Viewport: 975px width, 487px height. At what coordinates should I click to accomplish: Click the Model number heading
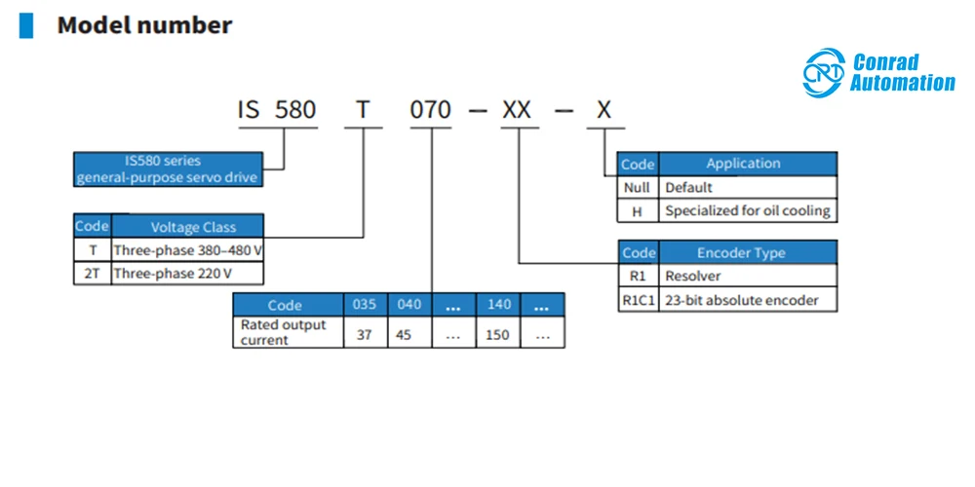pyautogui.click(x=144, y=25)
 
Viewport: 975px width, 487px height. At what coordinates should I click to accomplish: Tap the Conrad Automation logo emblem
pyautogui.click(x=824, y=73)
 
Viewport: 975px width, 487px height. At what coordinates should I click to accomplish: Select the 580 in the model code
pyautogui.click(x=295, y=110)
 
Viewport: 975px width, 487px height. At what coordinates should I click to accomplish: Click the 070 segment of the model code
pyautogui.click(x=430, y=110)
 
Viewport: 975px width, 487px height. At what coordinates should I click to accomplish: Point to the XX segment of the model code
pyautogui.click(x=517, y=110)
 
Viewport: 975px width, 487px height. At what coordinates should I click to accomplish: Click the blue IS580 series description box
pyautogui.click(x=168, y=169)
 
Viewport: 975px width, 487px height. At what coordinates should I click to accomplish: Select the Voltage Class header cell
pyautogui.click(x=187, y=227)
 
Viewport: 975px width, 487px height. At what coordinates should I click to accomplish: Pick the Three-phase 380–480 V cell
pyautogui.click(x=187, y=251)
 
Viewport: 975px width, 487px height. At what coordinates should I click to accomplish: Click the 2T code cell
pyautogui.click(x=92, y=274)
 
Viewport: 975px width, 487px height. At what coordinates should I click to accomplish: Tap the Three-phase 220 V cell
pyautogui.click(x=187, y=274)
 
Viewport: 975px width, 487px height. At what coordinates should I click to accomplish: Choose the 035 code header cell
pyautogui.click(x=366, y=305)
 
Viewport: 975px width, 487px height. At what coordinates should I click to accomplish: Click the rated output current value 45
pyautogui.click(x=404, y=334)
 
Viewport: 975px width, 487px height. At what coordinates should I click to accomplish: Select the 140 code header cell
pyautogui.click(x=499, y=305)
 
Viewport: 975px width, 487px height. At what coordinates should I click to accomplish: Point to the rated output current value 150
pyautogui.click(x=497, y=334)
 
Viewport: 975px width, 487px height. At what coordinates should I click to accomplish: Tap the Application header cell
pyautogui.click(x=748, y=164)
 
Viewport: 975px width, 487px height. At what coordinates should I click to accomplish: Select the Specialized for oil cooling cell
pyautogui.click(x=748, y=211)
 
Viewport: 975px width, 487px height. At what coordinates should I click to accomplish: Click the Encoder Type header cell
pyautogui.click(x=748, y=253)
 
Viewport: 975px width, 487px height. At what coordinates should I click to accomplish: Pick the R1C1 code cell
pyautogui.click(x=639, y=301)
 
